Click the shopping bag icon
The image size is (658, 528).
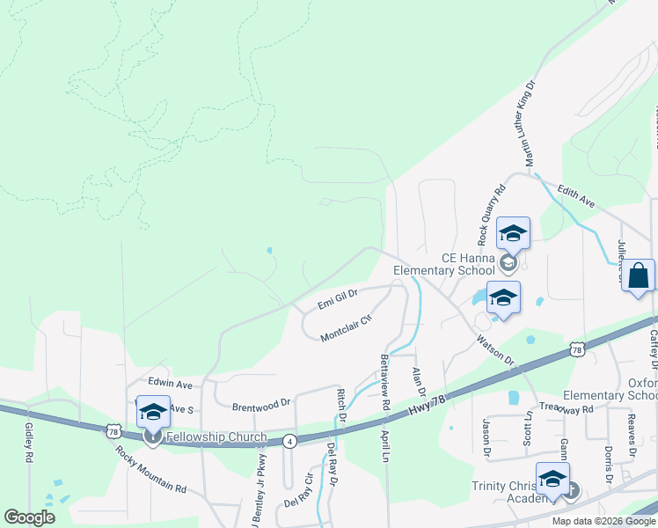pyautogui.click(x=639, y=275)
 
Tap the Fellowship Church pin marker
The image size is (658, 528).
pyautogui.click(x=153, y=437)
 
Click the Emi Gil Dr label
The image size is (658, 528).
pyautogui.click(x=338, y=299)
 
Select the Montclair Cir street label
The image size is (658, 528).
pyautogui.click(x=347, y=326)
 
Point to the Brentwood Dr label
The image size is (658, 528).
pyautogui.click(x=261, y=405)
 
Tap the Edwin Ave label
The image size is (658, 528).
pyautogui.click(x=170, y=385)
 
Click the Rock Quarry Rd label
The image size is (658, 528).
pyautogui.click(x=492, y=214)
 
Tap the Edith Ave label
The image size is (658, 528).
pyautogui.click(x=576, y=196)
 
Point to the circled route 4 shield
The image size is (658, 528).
pyautogui.click(x=289, y=440)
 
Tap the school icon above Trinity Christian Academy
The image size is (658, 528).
pyautogui.click(x=552, y=479)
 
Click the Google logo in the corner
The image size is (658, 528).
pyautogui.click(x=29, y=517)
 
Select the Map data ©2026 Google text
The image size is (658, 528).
pyautogui.click(x=604, y=521)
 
